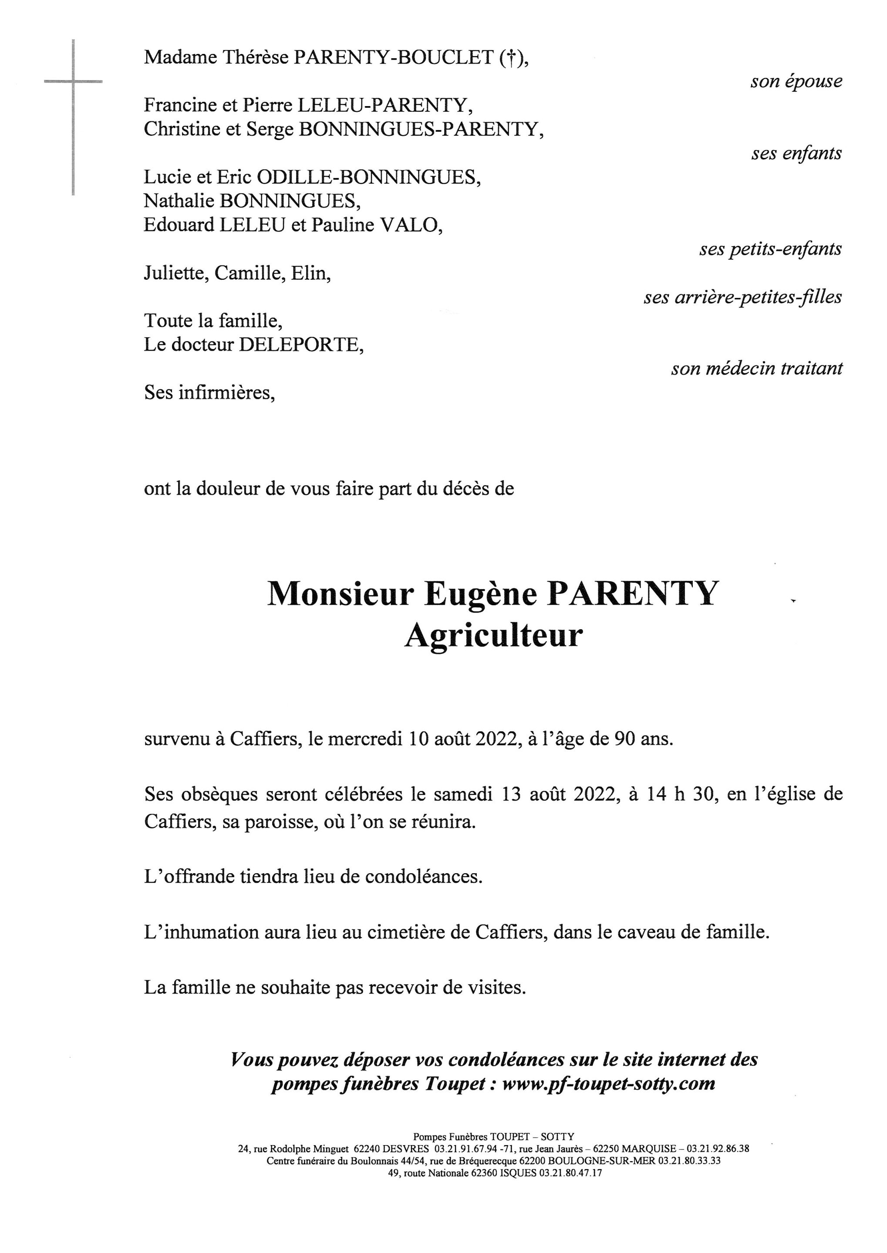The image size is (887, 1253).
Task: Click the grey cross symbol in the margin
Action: [73, 82]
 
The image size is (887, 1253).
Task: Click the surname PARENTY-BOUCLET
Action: [393, 57]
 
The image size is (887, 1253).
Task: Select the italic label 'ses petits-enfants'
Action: [770, 249]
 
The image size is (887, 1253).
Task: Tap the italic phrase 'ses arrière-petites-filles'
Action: [742, 298]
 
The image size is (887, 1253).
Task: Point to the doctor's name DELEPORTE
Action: [301, 345]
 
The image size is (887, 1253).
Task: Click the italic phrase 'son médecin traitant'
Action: [756, 369]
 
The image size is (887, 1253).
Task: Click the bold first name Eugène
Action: [481, 594]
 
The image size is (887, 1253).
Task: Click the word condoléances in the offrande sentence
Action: [423, 876]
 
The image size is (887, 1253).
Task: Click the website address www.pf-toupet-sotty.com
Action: [608, 1083]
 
